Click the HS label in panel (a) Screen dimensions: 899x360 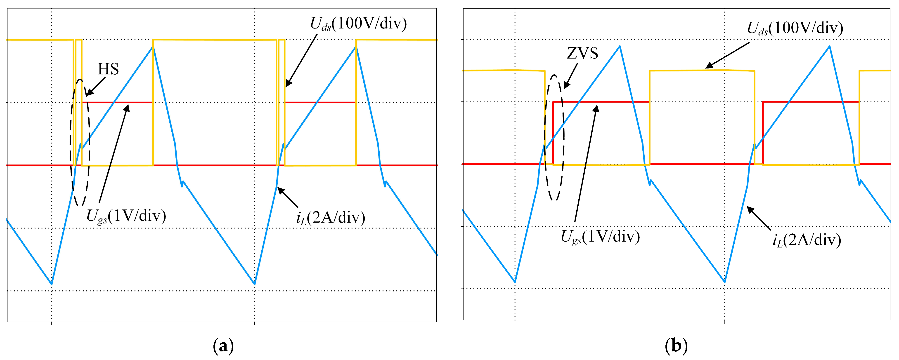(108, 69)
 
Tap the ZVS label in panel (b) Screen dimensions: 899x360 (582, 53)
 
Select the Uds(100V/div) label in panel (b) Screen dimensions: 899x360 (795, 28)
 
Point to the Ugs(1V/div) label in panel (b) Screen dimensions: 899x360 (600, 237)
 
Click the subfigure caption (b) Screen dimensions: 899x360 (676, 346)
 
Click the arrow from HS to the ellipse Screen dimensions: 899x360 (96, 86)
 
